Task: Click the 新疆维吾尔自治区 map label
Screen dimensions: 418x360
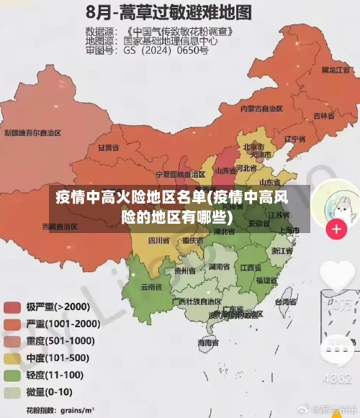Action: (x=33, y=132)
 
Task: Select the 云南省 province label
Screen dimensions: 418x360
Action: (x=150, y=286)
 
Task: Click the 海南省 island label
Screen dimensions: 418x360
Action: (x=208, y=344)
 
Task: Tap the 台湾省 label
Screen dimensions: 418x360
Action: (x=287, y=303)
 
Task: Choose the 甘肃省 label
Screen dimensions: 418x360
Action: (x=107, y=147)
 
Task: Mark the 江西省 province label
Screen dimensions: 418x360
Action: (x=250, y=268)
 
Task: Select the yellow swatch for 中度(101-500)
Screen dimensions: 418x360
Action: (x=13, y=358)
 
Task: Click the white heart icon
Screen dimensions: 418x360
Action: (x=336, y=276)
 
